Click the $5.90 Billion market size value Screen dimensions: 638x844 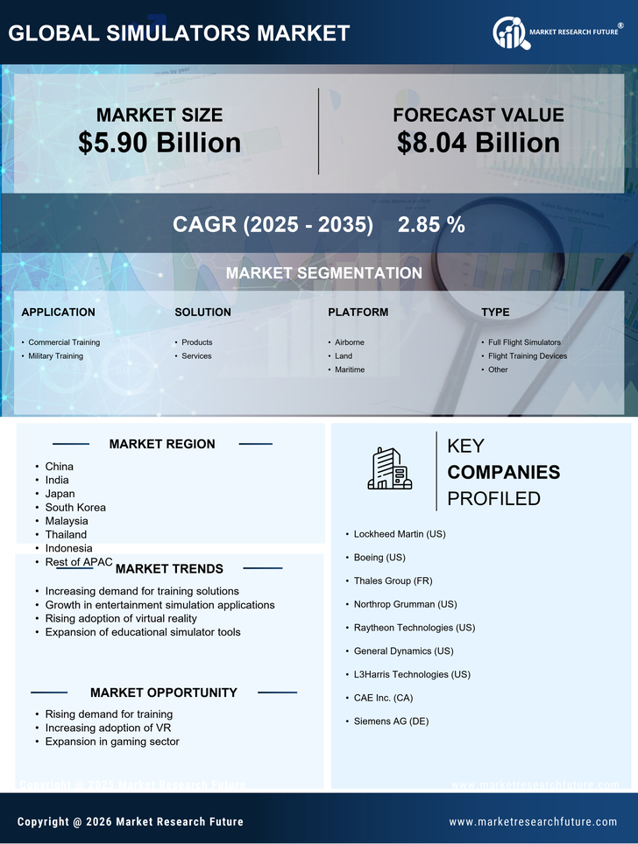(x=159, y=143)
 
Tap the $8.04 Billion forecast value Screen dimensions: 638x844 (x=478, y=143)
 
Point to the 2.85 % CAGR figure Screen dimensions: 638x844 (x=431, y=224)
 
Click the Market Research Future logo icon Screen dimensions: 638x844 (x=509, y=33)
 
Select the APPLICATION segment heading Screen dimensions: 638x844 (x=59, y=312)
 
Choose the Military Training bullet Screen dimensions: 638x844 (x=55, y=356)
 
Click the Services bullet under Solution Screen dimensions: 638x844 (x=196, y=356)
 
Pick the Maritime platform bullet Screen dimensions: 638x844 (x=350, y=369)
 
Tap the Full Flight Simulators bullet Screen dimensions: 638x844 (x=524, y=342)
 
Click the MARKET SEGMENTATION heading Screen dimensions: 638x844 (x=323, y=273)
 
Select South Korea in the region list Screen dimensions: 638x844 (x=75, y=507)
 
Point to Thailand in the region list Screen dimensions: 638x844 (x=66, y=534)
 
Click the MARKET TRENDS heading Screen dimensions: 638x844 (x=169, y=569)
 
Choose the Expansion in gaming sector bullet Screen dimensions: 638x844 (x=112, y=742)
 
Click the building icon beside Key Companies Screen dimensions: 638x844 (x=390, y=469)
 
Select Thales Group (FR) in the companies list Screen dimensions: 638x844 (x=393, y=580)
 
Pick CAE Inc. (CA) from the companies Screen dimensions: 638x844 (x=383, y=698)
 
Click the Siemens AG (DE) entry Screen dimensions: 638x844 (x=391, y=721)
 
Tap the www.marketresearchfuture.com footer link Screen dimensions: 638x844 (x=533, y=822)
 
